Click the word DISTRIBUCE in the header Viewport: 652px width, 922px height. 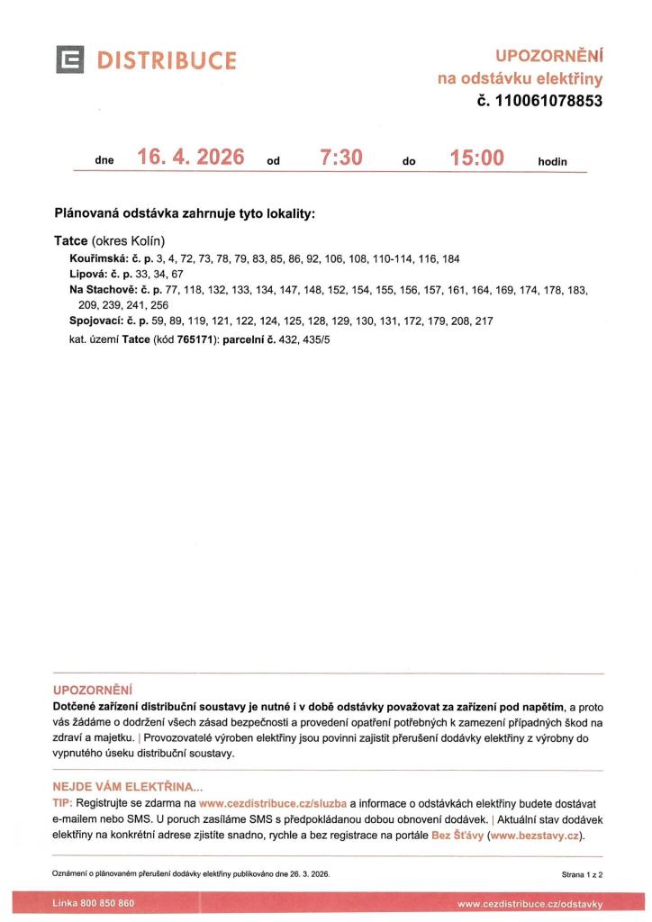point(168,60)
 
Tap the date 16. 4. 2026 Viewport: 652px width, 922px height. point(191,158)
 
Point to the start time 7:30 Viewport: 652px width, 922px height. point(341,158)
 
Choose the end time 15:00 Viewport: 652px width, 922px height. point(476,158)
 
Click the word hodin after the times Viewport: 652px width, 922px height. point(553,162)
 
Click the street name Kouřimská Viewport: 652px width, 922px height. point(97,258)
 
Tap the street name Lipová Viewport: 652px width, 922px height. point(87,274)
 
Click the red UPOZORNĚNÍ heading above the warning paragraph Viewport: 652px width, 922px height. point(92,691)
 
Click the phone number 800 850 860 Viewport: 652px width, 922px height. point(109,903)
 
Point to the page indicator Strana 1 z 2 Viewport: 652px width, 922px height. point(581,874)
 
